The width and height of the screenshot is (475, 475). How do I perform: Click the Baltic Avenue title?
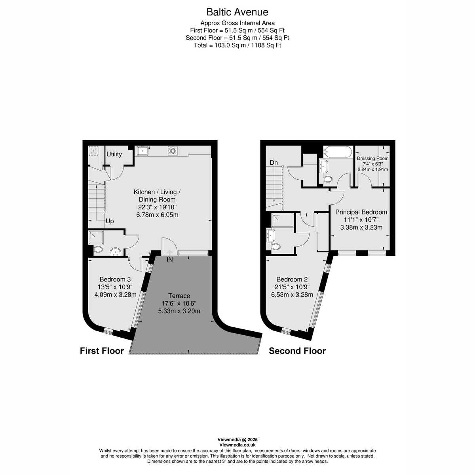tap(237, 12)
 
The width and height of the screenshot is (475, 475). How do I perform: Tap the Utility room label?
tap(114, 154)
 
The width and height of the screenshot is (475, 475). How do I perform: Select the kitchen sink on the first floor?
tap(142, 151)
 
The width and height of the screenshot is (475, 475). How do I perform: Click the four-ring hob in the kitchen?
tap(173, 151)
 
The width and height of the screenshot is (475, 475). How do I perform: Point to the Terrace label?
tap(179, 296)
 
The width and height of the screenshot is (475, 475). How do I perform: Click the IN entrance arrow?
tap(169, 254)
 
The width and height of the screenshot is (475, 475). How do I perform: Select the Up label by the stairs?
tap(110, 221)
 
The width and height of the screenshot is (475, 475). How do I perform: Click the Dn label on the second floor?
tap(274, 162)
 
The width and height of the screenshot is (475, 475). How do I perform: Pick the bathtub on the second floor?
tap(337, 152)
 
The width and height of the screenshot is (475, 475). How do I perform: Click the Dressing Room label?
tap(372, 158)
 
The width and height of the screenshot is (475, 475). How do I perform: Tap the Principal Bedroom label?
tap(361, 212)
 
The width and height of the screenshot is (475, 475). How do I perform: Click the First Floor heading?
tap(102, 351)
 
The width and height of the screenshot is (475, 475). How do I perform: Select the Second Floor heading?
tap(297, 351)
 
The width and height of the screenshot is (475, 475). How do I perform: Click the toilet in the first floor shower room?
tap(98, 249)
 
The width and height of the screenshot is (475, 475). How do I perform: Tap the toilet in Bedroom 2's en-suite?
tap(276, 247)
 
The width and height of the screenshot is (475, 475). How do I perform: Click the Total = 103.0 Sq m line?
tap(237, 45)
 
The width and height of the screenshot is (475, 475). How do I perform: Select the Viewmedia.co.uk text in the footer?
tap(237, 445)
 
